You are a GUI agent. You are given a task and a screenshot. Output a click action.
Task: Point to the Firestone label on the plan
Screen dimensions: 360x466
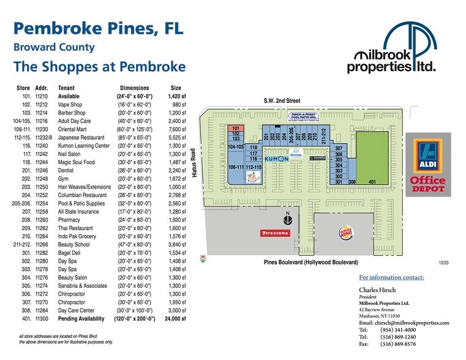point(275,233)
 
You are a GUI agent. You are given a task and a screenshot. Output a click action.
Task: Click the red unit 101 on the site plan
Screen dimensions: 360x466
point(235,128)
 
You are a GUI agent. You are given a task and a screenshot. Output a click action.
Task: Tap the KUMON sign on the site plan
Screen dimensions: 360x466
point(276,159)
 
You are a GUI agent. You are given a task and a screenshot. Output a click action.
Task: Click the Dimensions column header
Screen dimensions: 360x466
point(135,88)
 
